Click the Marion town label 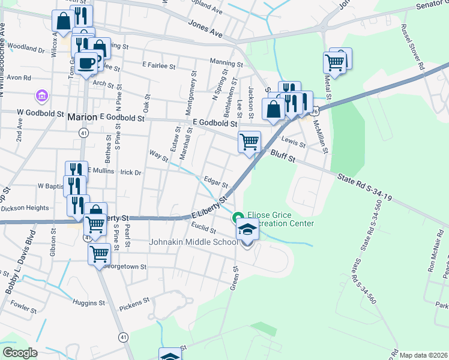click(x=82, y=116)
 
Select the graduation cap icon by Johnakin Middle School click(x=247, y=229)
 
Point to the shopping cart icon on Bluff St click(x=249, y=142)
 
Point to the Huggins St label click(x=89, y=302)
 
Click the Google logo click(x=20, y=353)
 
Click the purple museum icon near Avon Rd click(x=41, y=95)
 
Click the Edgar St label click(x=215, y=181)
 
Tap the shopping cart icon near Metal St click(x=335, y=62)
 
